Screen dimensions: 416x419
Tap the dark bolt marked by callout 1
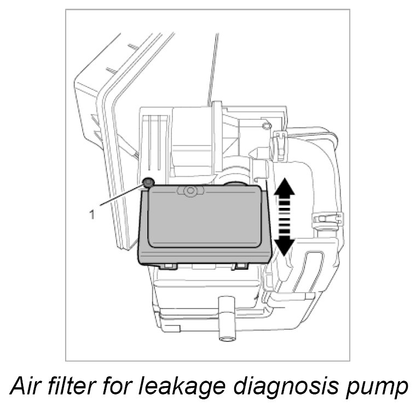point(148,182)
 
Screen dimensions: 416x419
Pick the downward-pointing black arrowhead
point(284,247)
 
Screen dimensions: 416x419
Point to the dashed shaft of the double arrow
point(284,217)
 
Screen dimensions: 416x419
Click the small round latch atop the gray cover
point(190,191)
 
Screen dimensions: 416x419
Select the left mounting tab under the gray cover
point(169,266)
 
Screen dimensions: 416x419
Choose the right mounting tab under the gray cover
point(241,266)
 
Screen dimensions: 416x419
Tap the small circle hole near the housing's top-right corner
point(267,126)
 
